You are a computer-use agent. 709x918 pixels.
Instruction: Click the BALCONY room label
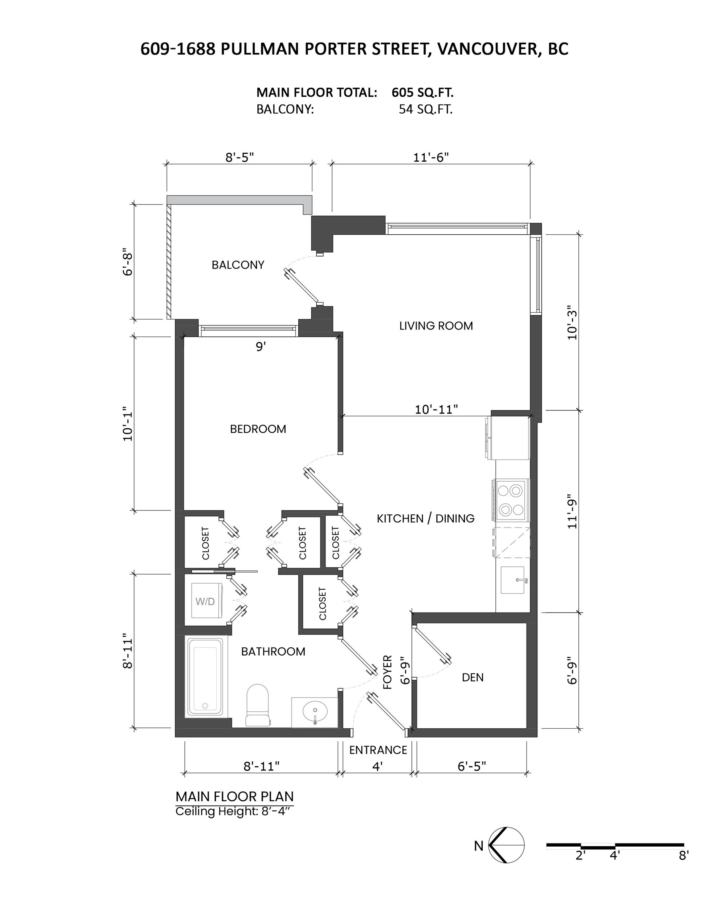[238, 265]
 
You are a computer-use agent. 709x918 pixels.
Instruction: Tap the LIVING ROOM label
[436, 326]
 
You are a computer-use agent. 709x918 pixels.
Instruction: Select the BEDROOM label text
[258, 429]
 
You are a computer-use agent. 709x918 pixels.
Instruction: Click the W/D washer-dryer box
[205, 601]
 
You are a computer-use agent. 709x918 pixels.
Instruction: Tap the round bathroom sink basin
[315, 711]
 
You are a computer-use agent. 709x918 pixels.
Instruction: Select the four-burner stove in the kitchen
[511, 500]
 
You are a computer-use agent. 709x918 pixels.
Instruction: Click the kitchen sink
[513, 580]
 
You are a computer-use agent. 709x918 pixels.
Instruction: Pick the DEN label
[472, 677]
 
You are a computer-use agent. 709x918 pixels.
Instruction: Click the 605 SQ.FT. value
[422, 92]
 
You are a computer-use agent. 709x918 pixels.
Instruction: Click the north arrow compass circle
[507, 845]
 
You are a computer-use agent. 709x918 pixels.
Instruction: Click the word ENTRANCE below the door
[378, 750]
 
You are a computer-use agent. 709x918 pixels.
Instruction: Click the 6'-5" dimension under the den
[472, 766]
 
